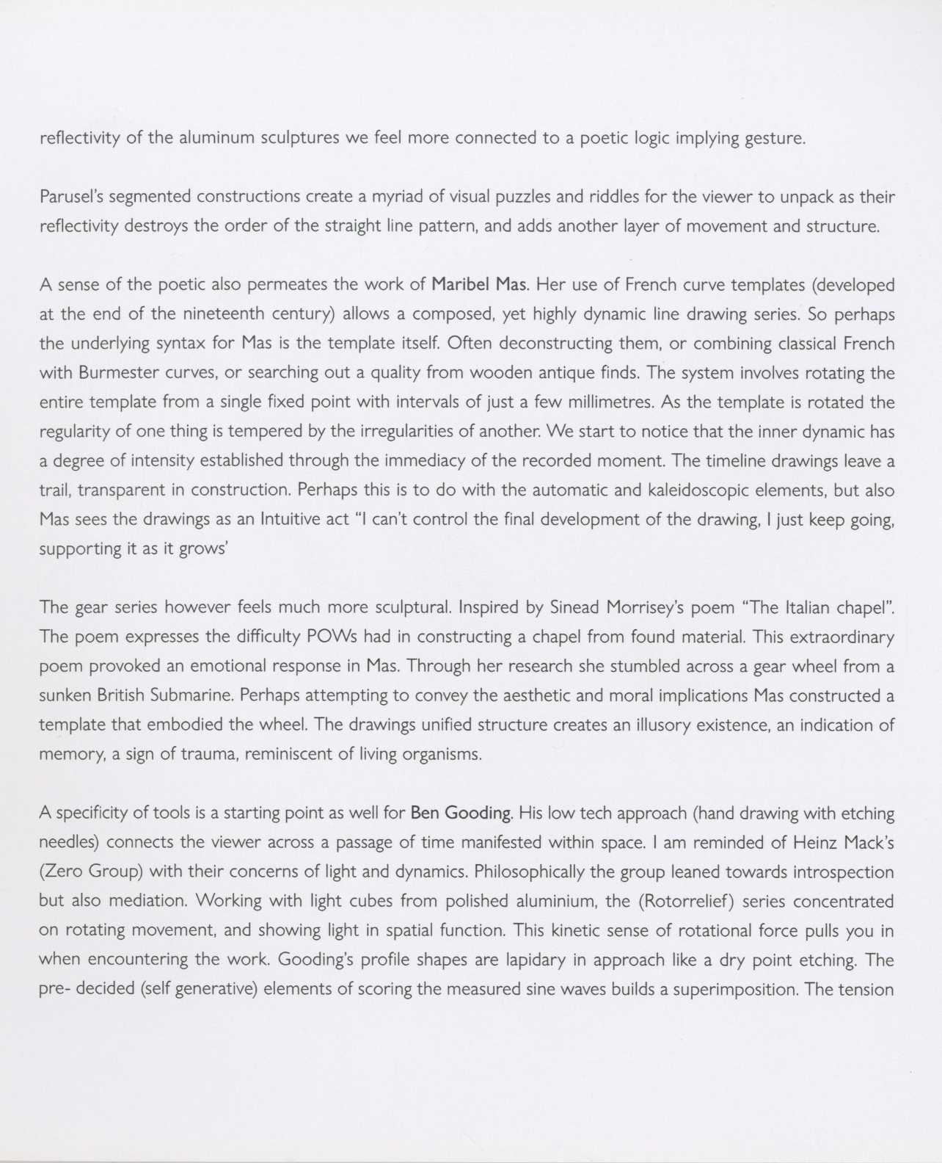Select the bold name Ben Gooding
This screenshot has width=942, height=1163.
[461, 813]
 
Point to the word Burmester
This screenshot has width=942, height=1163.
[118, 372]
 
